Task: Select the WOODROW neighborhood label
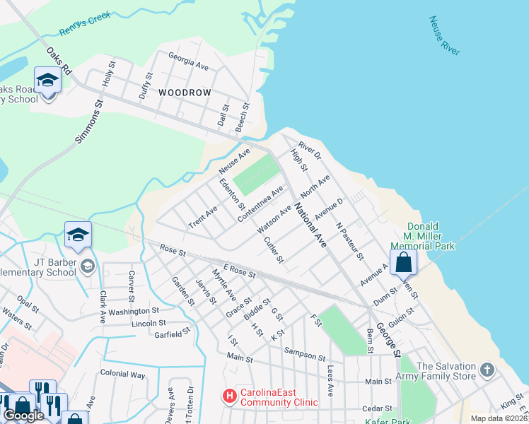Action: pyautogui.click(x=185, y=93)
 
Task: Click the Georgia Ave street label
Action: pyautogui.click(x=188, y=61)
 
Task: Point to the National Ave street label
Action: pyautogui.click(x=310, y=225)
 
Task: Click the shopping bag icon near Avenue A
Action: pyautogui.click(x=403, y=262)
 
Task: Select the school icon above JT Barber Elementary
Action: pyautogui.click(x=79, y=235)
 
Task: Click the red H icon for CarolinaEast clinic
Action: pyautogui.click(x=229, y=397)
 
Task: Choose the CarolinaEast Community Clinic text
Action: pyautogui.click(x=278, y=397)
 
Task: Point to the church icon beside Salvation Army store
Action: pyautogui.click(x=486, y=370)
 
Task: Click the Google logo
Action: pyautogui.click(x=23, y=416)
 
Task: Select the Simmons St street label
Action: pyautogui.click(x=89, y=122)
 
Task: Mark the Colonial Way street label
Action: pyautogui.click(x=122, y=373)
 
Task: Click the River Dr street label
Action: pyautogui.click(x=310, y=150)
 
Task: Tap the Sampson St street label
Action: pyautogui.click(x=304, y=351)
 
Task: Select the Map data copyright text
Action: pyautogui.click(x=499, y=418)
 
